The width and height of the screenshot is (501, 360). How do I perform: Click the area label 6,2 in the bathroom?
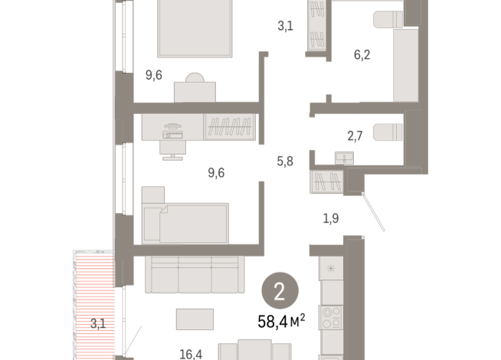(362, 54)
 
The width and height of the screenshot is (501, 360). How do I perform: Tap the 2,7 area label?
(355, 136)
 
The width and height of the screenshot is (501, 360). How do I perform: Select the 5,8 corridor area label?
(285, 162)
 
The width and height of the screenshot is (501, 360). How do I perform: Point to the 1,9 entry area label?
(331, 218)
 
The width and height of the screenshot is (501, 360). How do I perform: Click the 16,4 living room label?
(191, 354)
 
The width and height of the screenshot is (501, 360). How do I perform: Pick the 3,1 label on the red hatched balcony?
(98, 323)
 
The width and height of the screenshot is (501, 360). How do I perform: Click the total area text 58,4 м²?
(281, 321)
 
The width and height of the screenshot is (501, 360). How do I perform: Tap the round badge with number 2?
(280, 291)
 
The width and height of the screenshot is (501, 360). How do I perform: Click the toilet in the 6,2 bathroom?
(388, 19)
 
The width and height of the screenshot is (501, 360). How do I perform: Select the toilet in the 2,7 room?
(388, 132)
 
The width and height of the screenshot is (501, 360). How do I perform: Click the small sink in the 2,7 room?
(344, 158)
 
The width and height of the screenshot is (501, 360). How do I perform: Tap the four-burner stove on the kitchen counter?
(331, 318)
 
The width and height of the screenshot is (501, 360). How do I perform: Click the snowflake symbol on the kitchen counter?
(331, 268)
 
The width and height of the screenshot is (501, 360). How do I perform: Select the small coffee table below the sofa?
(195, 319)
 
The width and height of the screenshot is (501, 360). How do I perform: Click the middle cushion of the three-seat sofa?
(195, 275)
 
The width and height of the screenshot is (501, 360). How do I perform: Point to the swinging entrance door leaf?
(373, 211)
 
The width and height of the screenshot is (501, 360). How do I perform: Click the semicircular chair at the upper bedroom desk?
(195, 77)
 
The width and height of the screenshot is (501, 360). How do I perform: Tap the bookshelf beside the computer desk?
(230, 127)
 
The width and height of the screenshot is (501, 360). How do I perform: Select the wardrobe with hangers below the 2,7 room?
(326, 182)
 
